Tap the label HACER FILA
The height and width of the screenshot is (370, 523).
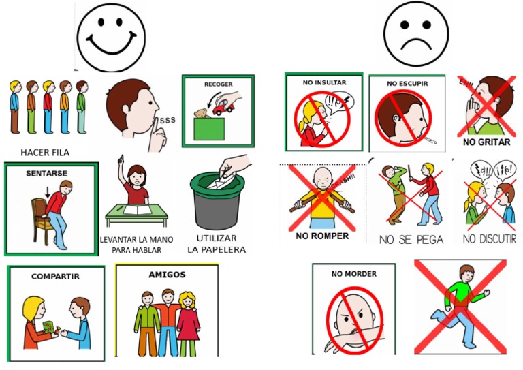click(45, 152)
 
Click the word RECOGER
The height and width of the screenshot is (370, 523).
click(218, 85)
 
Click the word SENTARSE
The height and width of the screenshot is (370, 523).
click(47, 174)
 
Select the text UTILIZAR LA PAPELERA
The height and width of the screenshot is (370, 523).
click(217, 244)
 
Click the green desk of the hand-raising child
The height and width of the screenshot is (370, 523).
click(137, 214)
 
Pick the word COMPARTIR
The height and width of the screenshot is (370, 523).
click(55, 277)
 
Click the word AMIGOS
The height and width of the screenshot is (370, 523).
click(167, 275)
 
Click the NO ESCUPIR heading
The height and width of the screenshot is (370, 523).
click(407, 84)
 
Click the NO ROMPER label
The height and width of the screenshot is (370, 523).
click(322, 236)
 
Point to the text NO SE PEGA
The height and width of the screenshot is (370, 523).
click(411, 239)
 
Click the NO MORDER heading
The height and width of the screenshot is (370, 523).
click(353, 274)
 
